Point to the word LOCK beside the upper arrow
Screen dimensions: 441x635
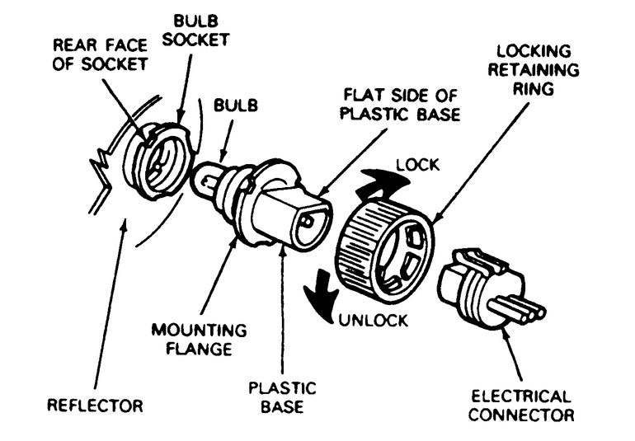click(x=419, y=165)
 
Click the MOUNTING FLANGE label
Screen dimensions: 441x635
click(x=186, y=338)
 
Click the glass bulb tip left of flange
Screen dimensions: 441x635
click(x=206, y=181)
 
